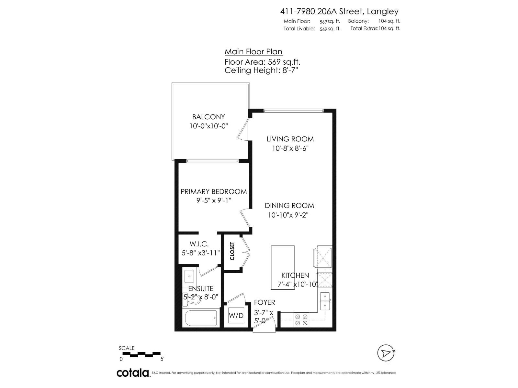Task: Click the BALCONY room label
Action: [208, 117]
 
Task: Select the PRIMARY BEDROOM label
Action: [214, 191]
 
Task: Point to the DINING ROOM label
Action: [289, 206]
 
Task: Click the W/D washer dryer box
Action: [236, 315]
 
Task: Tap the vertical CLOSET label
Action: [232, 251]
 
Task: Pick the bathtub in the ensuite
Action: [201, 318]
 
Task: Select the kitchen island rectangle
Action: [283, 267]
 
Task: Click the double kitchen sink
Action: [324, 301]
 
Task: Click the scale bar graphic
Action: [141, 354]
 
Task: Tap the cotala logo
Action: [133, 373]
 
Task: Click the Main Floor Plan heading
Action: [253, 52]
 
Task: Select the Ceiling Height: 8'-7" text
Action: [261, 70]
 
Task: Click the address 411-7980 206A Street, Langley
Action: [339, 11]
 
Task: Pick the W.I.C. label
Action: [199, 244]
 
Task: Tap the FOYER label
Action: [265, 302]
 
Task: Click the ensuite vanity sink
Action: [189, 277]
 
